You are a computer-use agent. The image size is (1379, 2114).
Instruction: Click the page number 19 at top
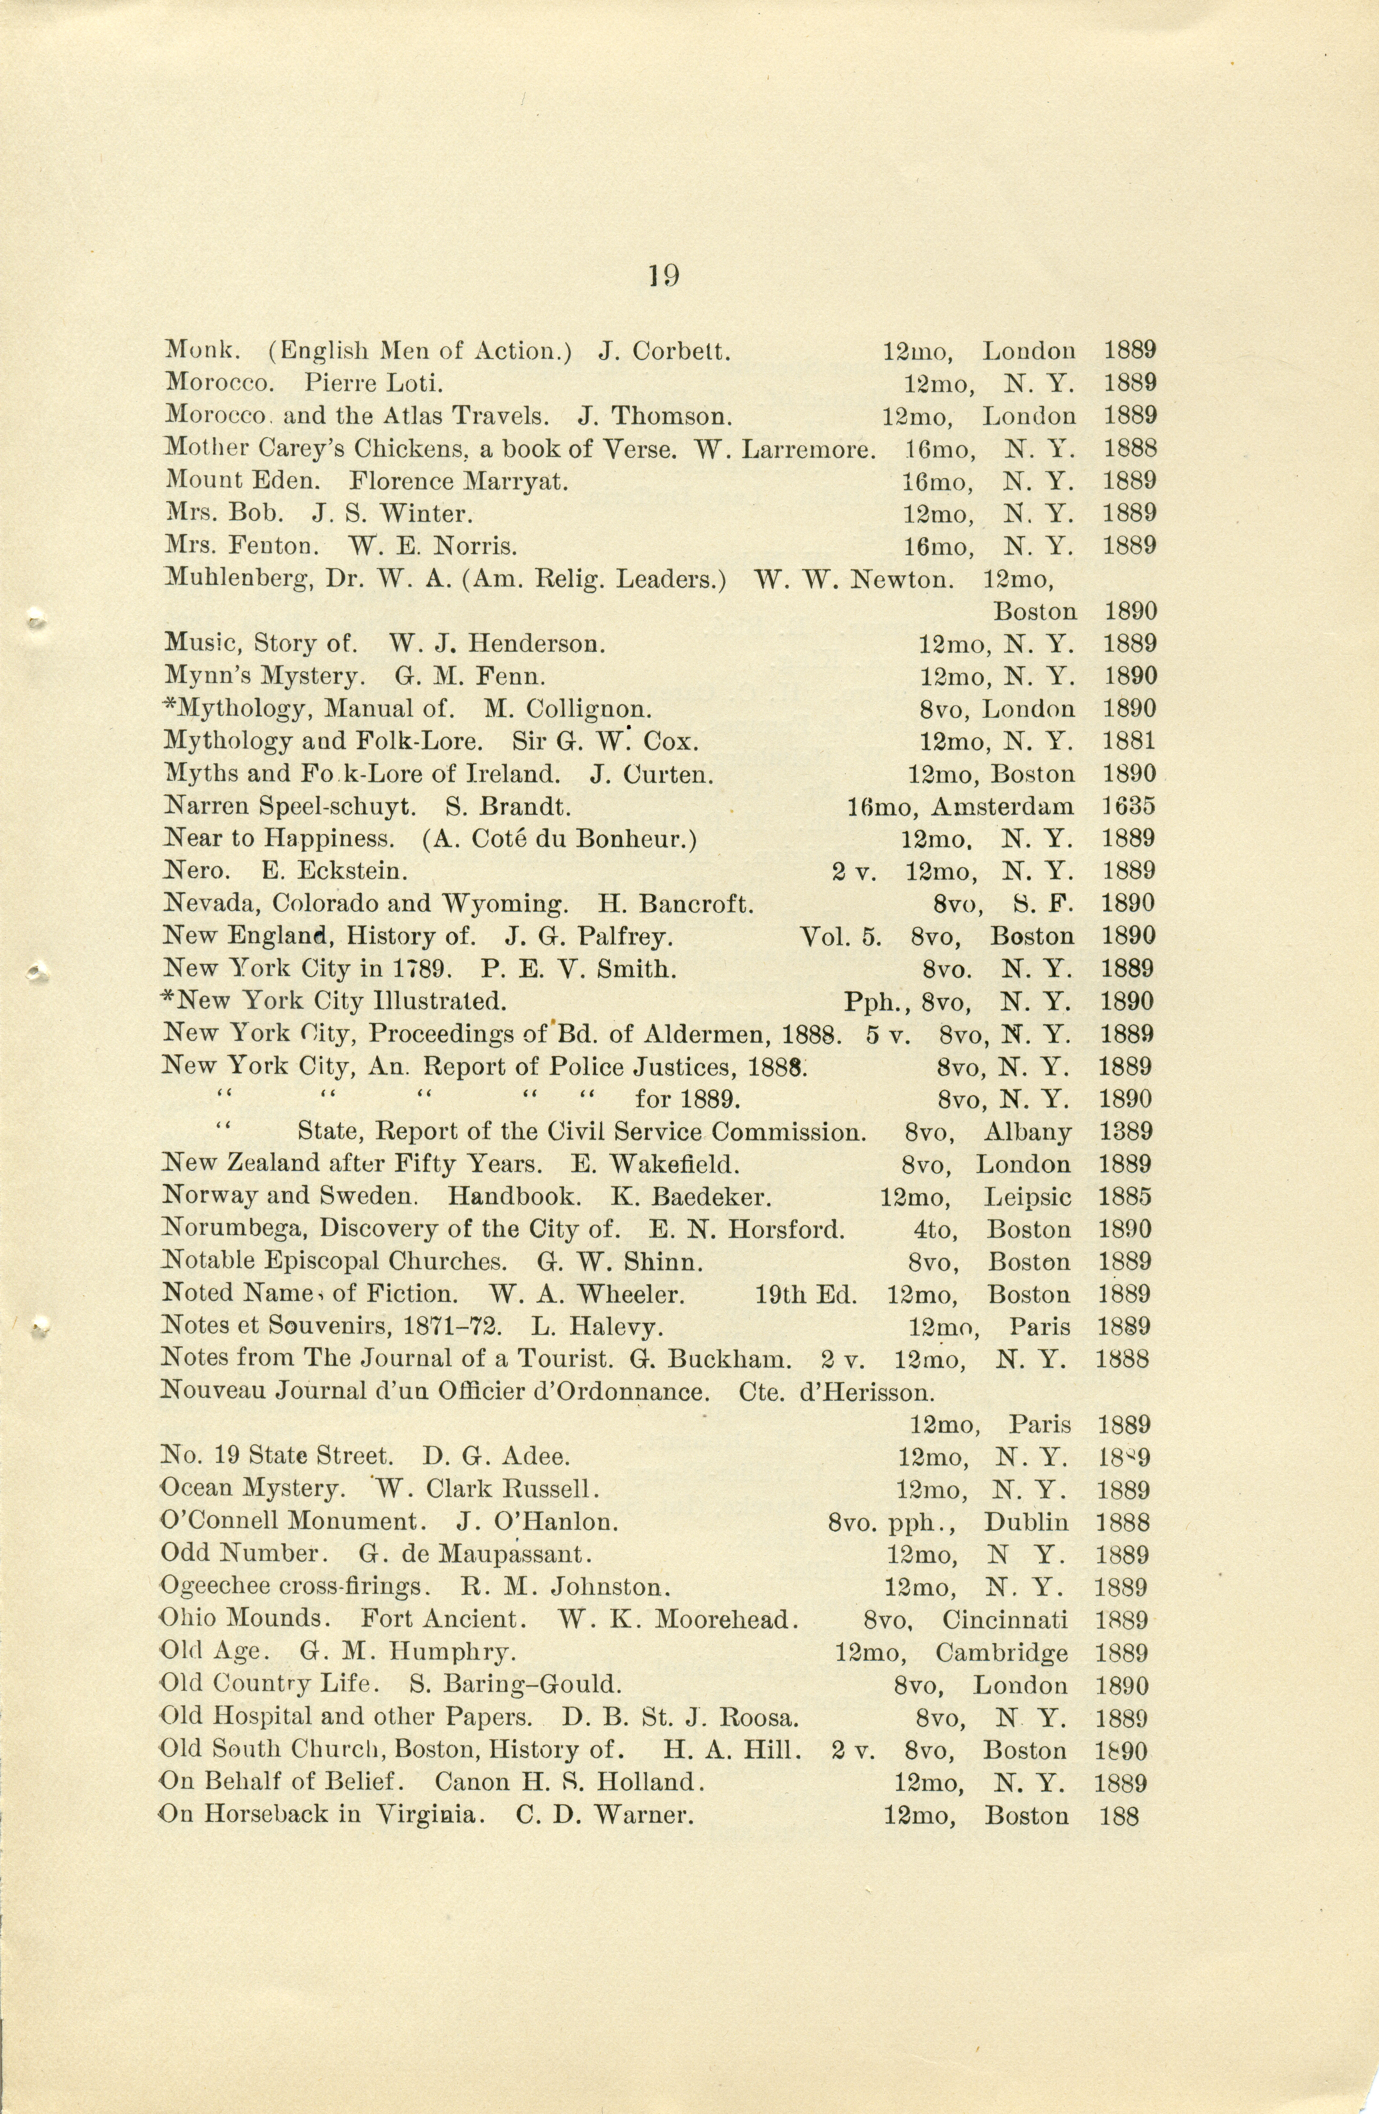[x=665, y=276]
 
